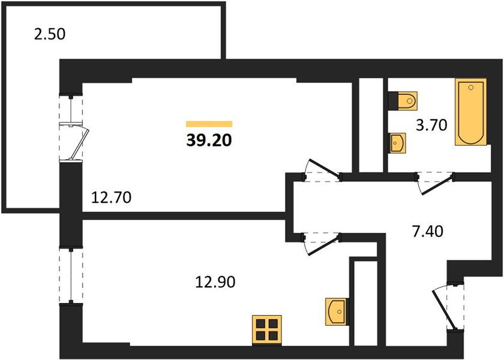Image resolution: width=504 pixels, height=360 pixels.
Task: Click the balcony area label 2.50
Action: point(49,34)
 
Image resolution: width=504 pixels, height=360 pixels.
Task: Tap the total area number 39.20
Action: point(209,140)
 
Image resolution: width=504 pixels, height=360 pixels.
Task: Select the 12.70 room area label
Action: point(111,197)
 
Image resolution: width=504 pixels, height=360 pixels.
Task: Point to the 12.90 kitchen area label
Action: point(215,281)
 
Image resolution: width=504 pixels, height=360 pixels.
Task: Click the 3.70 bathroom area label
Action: point(431,125)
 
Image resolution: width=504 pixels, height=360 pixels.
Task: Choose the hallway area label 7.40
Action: point(427,231)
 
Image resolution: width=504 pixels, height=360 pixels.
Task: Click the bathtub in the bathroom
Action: point(470,112)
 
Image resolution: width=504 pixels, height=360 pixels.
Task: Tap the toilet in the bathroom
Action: point(403,101)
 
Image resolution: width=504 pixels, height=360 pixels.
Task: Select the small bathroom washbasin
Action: point(397,143)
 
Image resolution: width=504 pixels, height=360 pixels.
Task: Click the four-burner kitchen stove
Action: point(267,330)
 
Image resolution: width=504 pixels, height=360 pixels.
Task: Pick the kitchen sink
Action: point(337,311)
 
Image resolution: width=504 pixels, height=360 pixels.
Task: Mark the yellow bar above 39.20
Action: point(209,124)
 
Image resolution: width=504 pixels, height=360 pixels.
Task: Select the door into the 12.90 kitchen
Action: point(322,244)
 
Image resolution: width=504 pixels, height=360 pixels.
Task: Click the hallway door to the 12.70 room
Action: point(322,170)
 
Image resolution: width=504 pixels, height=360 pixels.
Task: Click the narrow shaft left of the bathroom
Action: point(371,125)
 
